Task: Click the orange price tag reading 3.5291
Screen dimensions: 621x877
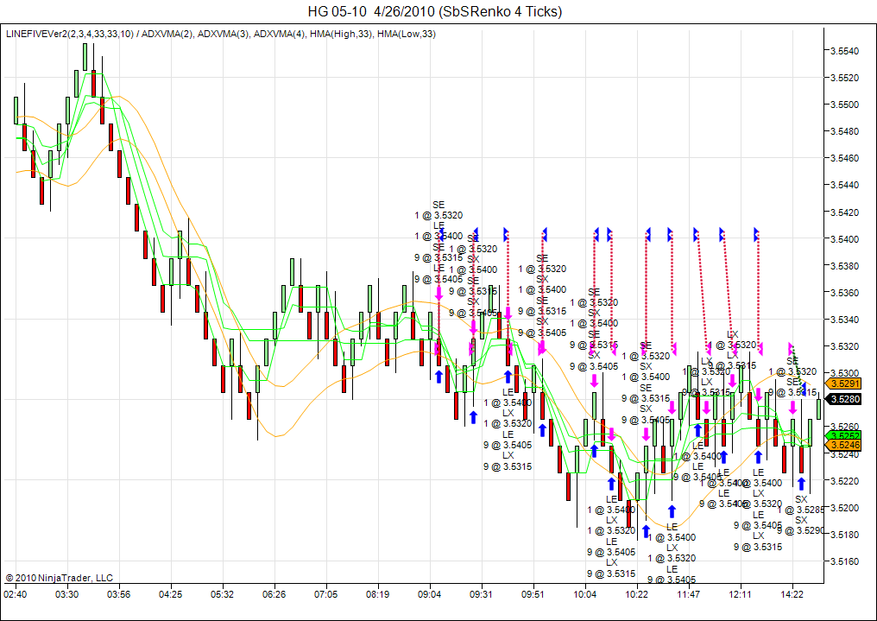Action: tap(844, 383)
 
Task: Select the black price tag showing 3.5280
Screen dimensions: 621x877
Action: tap(844, 399)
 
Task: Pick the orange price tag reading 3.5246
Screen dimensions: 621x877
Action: tap(844, 445)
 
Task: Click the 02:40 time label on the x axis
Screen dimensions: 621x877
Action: tap(16, 594)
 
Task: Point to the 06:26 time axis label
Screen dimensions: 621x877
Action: tap(274, 594)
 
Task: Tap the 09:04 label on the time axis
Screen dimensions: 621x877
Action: tap(430, 594)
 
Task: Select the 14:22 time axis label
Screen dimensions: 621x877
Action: tap(792, 594)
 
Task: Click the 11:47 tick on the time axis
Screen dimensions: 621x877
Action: tap(689, 594)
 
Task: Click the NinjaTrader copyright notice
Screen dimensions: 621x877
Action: tap(59, 578)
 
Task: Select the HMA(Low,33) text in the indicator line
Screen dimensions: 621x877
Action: tap(406, 35)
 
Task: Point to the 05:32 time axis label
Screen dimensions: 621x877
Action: tap(223, 594)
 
